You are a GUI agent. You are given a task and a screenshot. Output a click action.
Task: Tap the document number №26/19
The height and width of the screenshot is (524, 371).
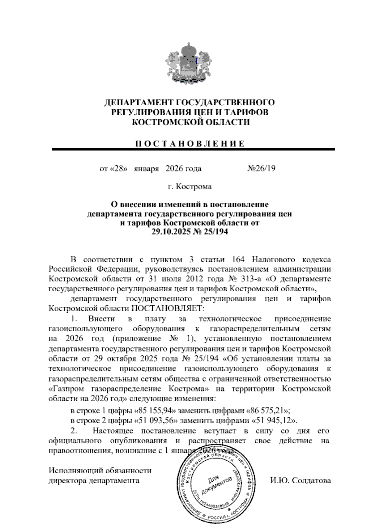click(261, 169)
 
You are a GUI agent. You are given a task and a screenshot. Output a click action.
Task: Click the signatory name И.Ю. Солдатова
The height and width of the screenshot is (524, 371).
click(300, 481)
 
